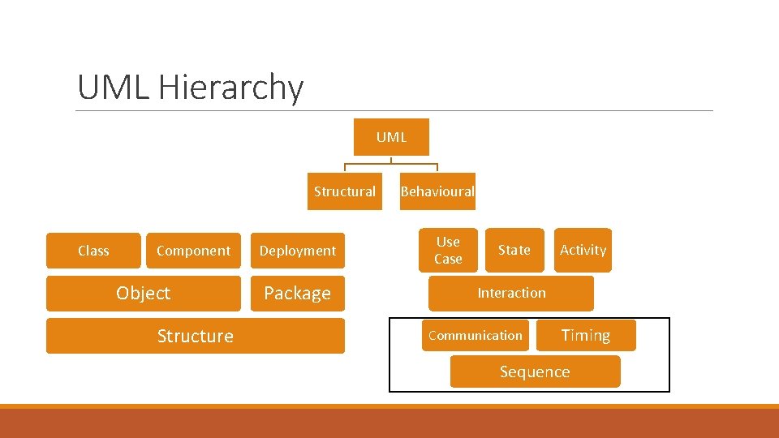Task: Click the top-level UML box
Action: point(391,137)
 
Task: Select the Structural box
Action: point(345,191)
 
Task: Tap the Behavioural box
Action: point(437,191)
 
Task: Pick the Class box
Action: point(93,251)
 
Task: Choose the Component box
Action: point(193,251)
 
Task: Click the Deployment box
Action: point(297,251)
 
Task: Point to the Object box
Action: point(143,293)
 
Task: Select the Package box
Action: point(297,293)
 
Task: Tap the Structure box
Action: point(195,336)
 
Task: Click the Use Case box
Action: point(448,250)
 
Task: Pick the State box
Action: point(514,250)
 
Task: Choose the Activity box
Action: point(583,250)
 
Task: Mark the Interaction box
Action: point(511,293)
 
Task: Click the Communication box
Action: point(476,335)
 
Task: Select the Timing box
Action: point(586,335)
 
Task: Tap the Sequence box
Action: point(535,371)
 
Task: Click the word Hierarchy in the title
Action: point(231,88)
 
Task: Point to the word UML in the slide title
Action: point(113,88)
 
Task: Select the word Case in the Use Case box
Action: point(448,259)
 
